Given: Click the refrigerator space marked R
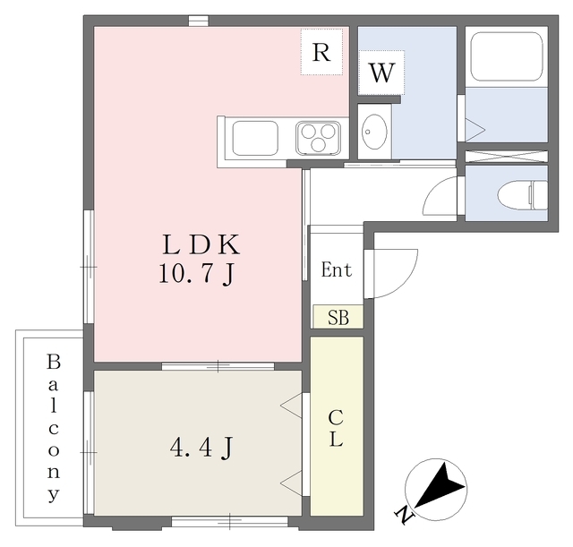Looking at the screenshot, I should [322, 52].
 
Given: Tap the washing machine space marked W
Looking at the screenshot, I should [381, 73].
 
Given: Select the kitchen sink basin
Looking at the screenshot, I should [255, 139].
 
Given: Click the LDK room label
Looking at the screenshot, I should [200, 244].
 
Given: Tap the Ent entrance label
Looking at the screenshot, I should [337, 270].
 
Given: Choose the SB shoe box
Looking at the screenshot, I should [338, 317].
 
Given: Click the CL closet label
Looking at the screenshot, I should [337, 428].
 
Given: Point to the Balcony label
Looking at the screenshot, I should [53, 427].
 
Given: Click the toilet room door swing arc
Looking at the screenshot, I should [440, 197].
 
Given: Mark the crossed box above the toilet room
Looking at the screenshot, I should [506, 155].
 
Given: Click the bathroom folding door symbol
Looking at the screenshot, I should [473, 130].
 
